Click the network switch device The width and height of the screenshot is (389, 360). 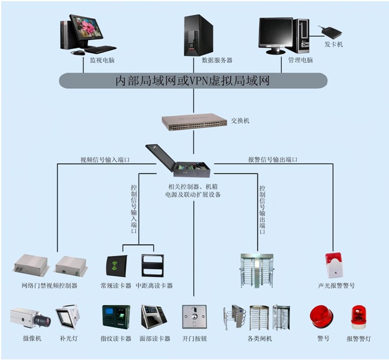[194, 122]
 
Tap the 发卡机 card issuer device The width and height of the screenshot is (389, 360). [330, 31]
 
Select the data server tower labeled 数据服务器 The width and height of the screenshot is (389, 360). [198, 35]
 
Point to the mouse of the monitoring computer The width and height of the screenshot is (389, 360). [78, 53]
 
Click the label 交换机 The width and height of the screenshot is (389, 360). [240, 121]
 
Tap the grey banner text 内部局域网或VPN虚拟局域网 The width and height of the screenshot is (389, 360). [193, 81]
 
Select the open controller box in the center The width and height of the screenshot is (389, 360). [178, 160]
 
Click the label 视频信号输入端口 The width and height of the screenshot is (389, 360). [105, 160]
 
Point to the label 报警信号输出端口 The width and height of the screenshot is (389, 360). [272, 159]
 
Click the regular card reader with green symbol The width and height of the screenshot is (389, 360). [117, 266]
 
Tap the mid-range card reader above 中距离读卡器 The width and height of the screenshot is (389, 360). [153, 265]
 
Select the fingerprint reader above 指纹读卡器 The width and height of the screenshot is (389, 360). [116, 317]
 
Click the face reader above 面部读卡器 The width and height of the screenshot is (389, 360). [153, 317]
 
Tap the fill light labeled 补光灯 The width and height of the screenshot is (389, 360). [68, 317]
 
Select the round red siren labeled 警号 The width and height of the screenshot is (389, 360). [322, 317]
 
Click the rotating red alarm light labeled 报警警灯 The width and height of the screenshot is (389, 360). [359, 317]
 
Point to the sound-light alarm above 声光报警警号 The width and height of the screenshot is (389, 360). [334, 265]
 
